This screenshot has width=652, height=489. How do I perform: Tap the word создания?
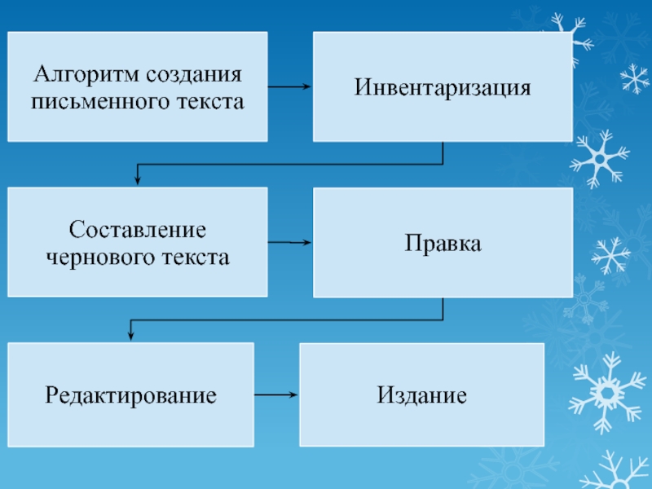[195, 76]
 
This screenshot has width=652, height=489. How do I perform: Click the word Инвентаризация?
[443, 87]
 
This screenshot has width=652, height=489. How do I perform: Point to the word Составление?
[138, 230]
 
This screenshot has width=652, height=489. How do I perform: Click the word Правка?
[443, 243]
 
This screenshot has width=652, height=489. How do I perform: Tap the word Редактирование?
[130, 396]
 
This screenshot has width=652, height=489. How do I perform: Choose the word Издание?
[421, 396]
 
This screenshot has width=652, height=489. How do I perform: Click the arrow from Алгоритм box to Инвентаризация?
[289, 87]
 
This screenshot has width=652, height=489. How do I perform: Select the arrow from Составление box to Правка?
[289, 242]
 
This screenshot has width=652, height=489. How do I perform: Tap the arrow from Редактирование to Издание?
[276, 395]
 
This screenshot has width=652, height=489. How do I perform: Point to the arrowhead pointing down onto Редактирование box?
[130, 336]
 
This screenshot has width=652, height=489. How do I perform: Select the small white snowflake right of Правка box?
[610, 255]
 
